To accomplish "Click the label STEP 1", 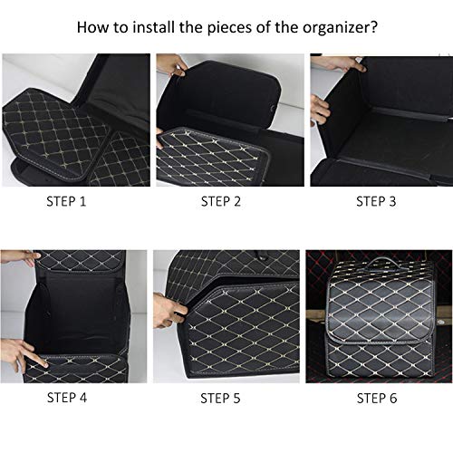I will tap(66, 201).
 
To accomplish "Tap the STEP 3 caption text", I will tap(375, 201).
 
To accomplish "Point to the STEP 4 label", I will tap(66, 397).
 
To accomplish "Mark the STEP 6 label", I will tap(375, 397).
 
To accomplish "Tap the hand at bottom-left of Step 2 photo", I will tap(161, 139).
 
